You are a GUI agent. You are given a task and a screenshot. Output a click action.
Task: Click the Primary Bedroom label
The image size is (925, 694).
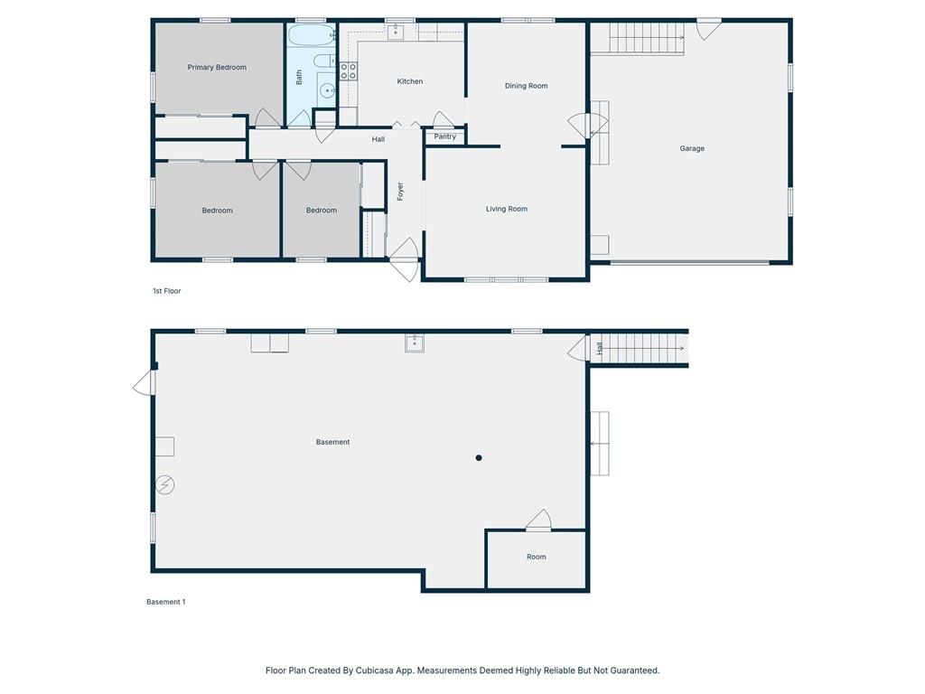tap(217, 67)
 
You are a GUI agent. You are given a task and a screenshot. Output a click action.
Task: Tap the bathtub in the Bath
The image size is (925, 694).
tap(311, 35)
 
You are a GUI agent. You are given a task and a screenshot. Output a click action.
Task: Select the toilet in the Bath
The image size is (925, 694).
tap(324, 61)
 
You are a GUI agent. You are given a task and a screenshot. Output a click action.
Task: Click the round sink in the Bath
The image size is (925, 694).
tap(327, 91)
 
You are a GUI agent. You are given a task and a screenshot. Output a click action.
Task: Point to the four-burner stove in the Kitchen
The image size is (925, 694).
tap(348, 71)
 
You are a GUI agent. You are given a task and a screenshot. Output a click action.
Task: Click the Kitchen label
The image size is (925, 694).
tap(409, 81)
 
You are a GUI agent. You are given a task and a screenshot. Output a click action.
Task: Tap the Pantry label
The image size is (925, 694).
tap(444, 136)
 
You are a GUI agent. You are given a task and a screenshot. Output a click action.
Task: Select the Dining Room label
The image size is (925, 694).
tap(527, 86)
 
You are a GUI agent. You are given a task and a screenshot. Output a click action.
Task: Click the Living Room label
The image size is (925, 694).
tap(506, 209)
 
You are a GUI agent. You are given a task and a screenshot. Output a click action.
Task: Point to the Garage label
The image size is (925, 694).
tap(692, 148)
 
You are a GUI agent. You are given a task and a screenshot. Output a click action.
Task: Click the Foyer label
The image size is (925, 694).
tap(400, 192)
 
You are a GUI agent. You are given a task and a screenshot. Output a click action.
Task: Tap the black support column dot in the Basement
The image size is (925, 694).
tap(479, 458)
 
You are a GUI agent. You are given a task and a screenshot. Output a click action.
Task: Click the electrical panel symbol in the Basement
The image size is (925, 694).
tap(166, 485)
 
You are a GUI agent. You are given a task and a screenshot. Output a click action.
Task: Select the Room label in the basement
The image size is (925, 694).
tap(537, 557)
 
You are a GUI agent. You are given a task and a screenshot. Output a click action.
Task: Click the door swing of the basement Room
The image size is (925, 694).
tap(538, 520)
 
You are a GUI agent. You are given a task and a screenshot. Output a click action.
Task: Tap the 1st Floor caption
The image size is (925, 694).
tap(167, 291)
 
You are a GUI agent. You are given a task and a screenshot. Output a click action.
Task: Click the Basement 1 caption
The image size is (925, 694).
tap(166, 602)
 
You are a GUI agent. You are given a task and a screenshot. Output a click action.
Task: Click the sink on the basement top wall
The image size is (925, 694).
tap(415, 342)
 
